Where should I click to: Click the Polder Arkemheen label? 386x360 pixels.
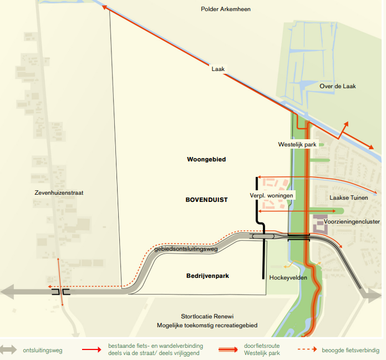226,9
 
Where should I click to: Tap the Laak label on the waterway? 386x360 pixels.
217,69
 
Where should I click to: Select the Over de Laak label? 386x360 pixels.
337,87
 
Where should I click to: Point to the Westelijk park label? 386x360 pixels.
298,144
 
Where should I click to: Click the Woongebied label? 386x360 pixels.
206,159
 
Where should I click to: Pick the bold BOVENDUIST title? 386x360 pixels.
207,200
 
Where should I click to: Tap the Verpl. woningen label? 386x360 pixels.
271,195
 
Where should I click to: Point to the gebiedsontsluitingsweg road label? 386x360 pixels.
186,249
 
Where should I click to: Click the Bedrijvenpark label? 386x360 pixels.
208,276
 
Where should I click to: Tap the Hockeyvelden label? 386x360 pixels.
288,278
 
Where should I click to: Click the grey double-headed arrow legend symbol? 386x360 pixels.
9,350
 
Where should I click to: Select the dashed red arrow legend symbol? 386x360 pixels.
310,350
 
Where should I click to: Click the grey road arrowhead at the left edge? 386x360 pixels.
7,291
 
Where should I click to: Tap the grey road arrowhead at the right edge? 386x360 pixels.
370,295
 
